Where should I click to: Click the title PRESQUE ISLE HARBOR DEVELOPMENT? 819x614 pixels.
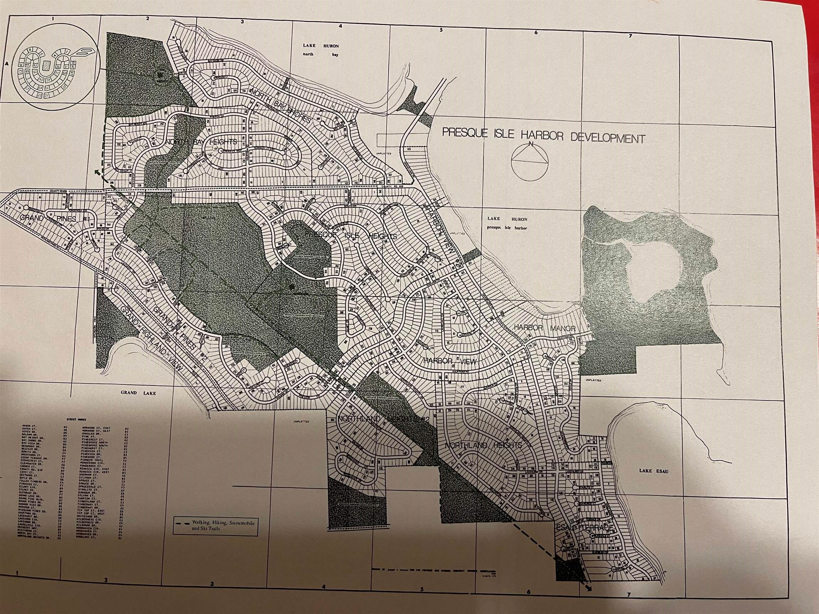544,135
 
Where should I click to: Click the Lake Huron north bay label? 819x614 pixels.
321,50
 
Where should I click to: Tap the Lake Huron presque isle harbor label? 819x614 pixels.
507,223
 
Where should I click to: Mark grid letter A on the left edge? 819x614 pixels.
6,64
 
